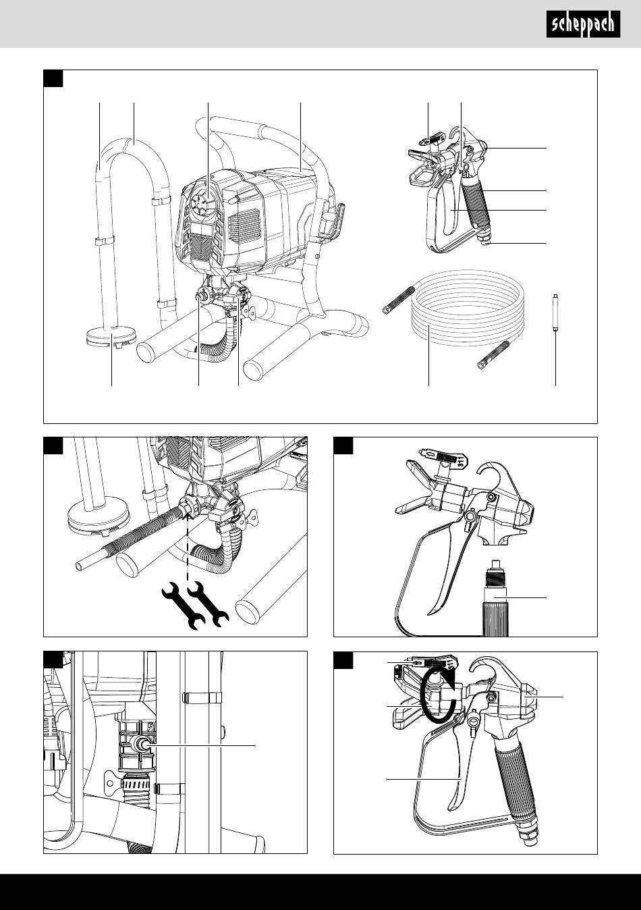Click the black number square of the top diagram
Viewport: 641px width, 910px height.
pyautogui.click(x=53, y=78)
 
